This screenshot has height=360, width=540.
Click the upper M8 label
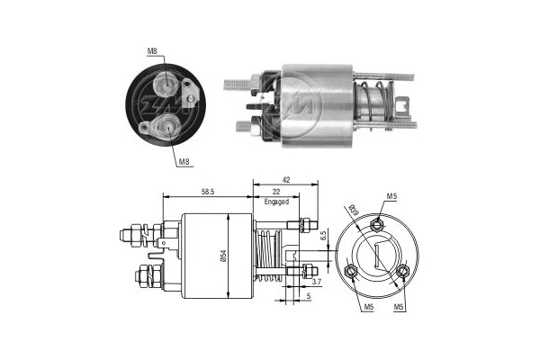(153, 52)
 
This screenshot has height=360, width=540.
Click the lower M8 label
(183, 161)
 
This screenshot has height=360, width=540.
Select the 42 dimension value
(285, 180)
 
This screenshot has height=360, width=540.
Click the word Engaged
(275, 202)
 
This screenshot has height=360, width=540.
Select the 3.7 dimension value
(318, 281)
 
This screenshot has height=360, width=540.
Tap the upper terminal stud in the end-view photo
(164, 85)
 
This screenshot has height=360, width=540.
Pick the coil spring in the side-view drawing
(266, 256)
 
